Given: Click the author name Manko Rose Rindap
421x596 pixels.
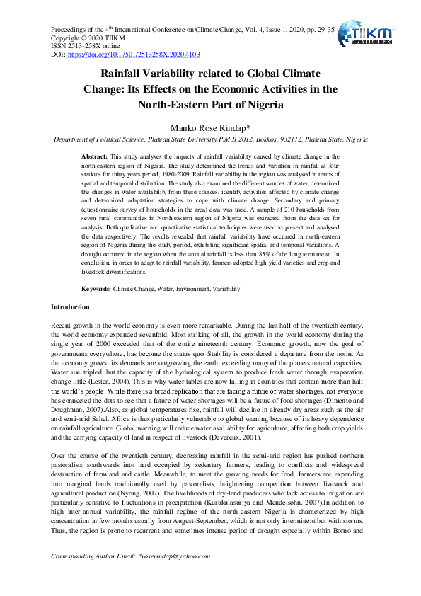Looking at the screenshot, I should (x=210, y=127).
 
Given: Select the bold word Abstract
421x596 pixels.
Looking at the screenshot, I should (x=95, y=156).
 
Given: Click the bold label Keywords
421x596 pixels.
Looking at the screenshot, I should (x=96, y=290).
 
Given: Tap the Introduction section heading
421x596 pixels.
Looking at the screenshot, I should (x=71, y=307).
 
